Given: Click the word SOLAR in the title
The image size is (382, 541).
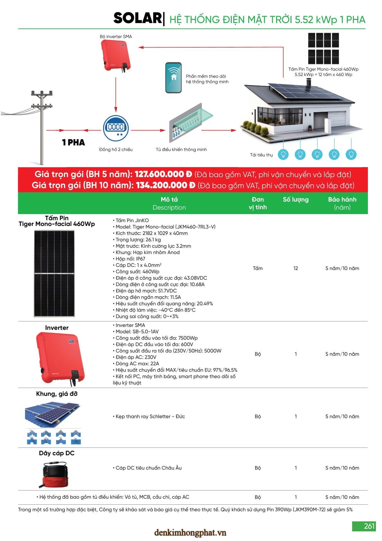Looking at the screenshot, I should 138,18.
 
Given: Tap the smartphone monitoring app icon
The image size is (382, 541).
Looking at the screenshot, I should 173,78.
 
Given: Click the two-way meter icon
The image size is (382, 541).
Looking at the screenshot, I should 116,128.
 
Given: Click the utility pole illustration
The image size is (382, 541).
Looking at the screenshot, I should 42,127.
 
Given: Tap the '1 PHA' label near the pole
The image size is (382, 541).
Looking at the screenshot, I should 74,142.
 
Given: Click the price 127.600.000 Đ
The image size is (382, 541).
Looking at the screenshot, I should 163,174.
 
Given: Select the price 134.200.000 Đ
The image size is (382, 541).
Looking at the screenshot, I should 165,185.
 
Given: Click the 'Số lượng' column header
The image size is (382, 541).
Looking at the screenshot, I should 296,200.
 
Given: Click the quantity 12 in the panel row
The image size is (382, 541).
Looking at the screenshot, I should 296,268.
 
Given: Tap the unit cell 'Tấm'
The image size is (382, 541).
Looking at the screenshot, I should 257,268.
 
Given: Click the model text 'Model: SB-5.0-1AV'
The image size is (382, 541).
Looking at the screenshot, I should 137,331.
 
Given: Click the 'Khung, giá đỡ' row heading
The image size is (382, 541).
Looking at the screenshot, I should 57,394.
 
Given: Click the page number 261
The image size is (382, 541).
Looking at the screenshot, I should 369,526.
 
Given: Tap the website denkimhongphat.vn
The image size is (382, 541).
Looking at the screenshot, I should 190,533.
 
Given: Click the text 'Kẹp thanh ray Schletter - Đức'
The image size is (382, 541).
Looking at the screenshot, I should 150,416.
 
